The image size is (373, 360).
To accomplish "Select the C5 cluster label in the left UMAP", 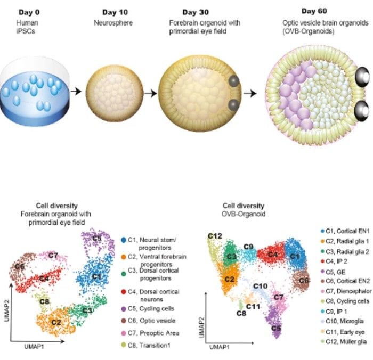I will click(x=96, y=239).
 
